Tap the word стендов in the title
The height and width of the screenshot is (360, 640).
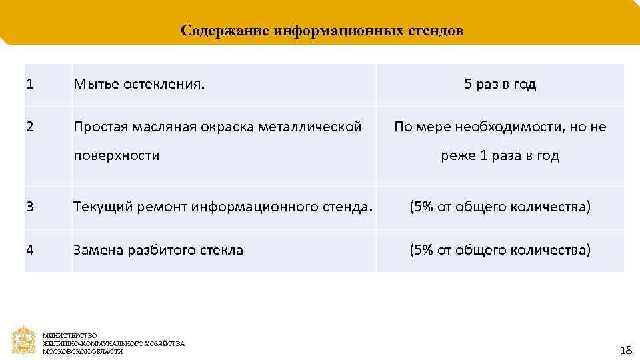coord(439,31)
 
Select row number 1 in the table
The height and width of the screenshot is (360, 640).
coord(30,85)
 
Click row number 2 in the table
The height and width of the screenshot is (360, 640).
coord(30,126)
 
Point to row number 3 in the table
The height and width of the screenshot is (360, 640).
coord(30,207)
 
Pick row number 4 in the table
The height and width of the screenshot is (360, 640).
coord(30,250)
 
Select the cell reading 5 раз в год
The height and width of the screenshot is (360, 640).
coord(500,85)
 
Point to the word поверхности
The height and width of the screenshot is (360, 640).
coord(117,156)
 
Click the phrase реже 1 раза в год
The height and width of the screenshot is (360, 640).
coord(500,156)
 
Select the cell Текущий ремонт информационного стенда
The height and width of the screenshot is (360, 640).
coord(223,207)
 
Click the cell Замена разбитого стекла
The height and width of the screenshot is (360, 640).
coord(159,250)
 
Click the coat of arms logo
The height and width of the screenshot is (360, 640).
coord(24,340)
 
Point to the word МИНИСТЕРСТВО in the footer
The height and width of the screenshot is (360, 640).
coord(70,335)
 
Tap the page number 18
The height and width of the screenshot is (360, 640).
coord(625,350)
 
